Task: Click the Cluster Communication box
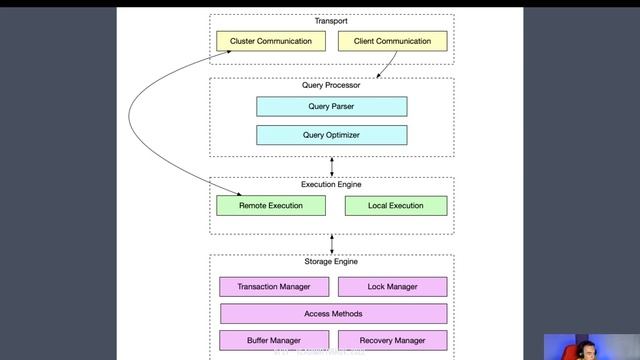click(x=271, y=41)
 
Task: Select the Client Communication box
click(x=392, y=41)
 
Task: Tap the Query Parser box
click(x=331, y=106)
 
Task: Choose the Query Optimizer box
click(x=331, y=135)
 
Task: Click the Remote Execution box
click(x=272, y=205)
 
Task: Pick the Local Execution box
click(x=395, y=205)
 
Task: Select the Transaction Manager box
click(x=273, y=287)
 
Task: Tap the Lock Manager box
click(x=392, y=287)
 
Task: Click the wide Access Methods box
click(x=332, y=313)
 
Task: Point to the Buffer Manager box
click(x=273, y=340)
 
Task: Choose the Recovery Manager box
click(x=392, y=340)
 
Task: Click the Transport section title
click(x=331, y=21)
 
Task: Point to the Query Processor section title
click(x=331, y=85)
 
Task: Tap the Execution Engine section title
click(x=331, y=184)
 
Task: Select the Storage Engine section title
click(x=331, y=262)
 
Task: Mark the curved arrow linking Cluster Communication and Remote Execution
click(x=161, y=120)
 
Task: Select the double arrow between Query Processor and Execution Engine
click(x=331, y=166)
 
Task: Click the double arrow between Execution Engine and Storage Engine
click(x=331, y=244)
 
